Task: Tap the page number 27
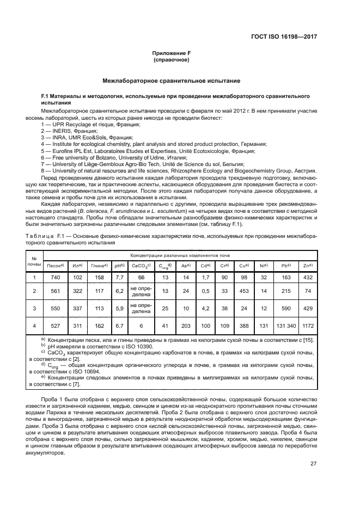[x=313, y=464]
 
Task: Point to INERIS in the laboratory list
[x=58, y=131]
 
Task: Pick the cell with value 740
[x=55, y=278]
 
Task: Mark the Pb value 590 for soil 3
[x=285, y=308]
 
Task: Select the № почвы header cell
[x=34, y=260]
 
